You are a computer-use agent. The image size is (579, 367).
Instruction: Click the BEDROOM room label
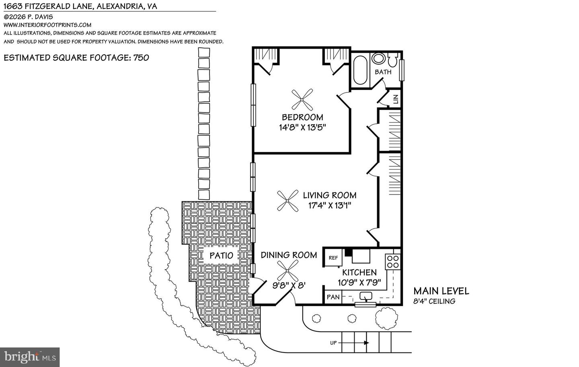[302, 117]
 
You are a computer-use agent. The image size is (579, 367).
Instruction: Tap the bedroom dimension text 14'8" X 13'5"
[302, 127]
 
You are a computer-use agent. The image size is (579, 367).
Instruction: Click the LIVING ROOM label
[329, 195]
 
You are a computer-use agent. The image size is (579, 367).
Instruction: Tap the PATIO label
[221, 255]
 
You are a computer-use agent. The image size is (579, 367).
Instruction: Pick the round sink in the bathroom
[378, 59]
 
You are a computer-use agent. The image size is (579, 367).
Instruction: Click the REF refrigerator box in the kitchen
[333, 258]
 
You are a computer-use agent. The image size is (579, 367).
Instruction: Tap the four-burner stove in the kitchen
[392, 262]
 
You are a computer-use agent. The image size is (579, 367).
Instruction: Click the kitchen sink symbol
[366, 297]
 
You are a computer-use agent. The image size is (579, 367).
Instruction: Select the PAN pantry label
[333, 297]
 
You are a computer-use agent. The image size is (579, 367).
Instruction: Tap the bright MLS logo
[30, 357]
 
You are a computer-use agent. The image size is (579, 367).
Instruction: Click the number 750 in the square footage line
[141, 57]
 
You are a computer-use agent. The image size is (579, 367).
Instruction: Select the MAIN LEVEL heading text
[441, 291]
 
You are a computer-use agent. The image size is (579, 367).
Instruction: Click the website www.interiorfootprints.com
[47, 25]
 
